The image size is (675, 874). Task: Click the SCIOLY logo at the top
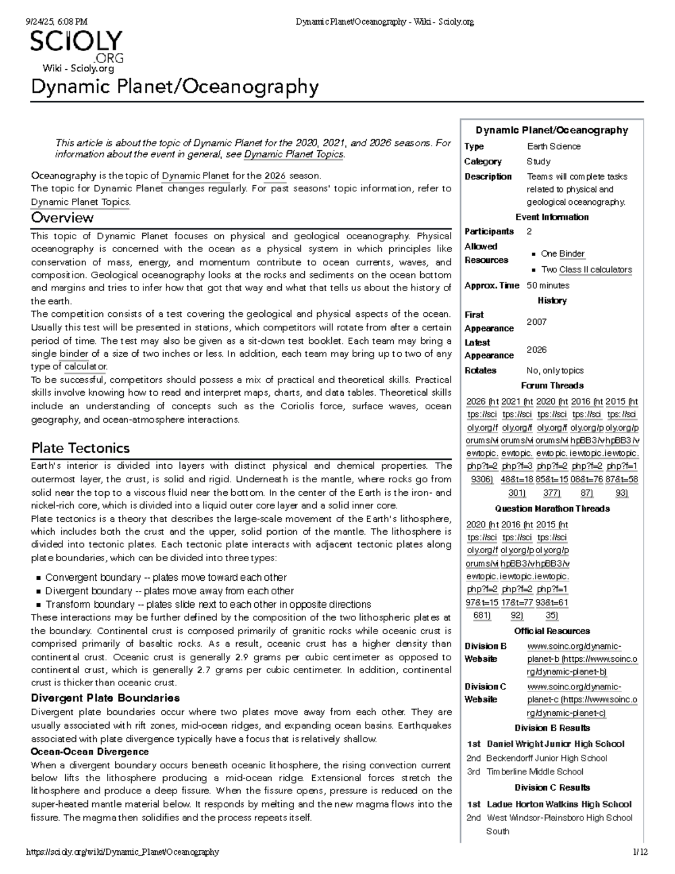(76, 46)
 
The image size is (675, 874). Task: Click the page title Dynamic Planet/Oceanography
(174, 87)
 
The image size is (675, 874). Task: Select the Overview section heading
(62, 217)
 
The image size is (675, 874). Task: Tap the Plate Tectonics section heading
(80, 448)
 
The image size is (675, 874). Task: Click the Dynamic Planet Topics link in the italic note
(294, 154)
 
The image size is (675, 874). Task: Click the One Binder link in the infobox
(562, 254)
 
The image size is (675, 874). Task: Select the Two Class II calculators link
(586, 270)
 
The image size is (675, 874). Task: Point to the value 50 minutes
(548, 285)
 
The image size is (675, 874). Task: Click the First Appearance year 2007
(536, 322)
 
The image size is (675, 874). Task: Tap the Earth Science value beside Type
(553, 146)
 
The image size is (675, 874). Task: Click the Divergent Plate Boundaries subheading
(105, 698)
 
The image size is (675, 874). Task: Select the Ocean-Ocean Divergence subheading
(89, 752)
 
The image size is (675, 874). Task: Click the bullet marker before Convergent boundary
(38, 578)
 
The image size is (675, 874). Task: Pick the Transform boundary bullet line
(208, 604)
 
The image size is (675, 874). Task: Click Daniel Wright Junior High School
(555, 744)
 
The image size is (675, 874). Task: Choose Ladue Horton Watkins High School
(559, 804)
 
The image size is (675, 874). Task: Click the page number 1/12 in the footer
(640, 852)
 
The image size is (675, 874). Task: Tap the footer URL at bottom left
(123, 852)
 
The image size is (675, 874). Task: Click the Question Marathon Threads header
(552, 509)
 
